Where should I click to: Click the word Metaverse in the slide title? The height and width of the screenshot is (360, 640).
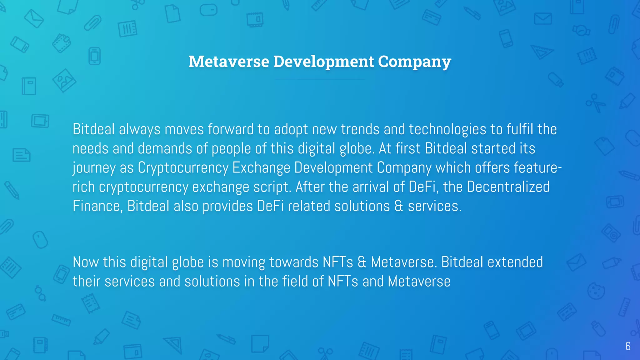tap(229, 62)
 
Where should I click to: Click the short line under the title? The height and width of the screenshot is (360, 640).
tap(320, 79)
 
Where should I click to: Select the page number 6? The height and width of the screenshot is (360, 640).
tap(628, 346)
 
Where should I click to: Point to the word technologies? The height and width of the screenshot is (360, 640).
tap(447, 129)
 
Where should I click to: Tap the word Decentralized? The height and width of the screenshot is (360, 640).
tap(508, 187)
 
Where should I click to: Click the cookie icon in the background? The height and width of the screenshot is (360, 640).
tap(596, 291)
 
